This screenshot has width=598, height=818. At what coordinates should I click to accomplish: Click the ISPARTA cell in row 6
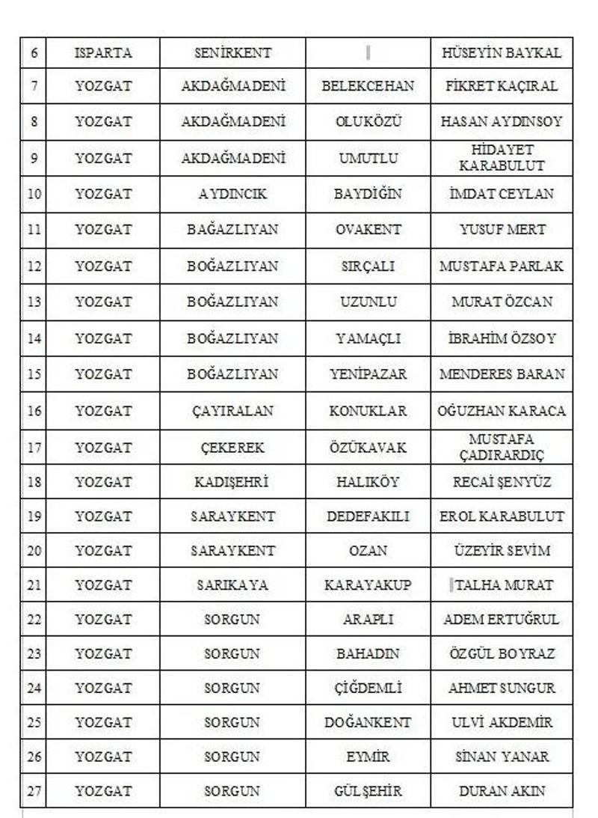tap(103, 53)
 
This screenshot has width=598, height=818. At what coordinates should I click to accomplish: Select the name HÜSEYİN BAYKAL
tap(502, 53)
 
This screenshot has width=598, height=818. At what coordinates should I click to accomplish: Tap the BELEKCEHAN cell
tap(368, 86)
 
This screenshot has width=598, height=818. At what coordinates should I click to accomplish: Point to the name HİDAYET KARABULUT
tap(502, 158)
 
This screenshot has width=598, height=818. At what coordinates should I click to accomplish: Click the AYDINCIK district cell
tap(232, 194)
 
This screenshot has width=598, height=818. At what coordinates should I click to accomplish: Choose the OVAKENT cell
tap(368, 230)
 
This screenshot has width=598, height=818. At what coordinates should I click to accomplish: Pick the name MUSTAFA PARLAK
tap(502, 266)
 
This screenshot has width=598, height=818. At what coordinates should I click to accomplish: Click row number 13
tap(34, 302)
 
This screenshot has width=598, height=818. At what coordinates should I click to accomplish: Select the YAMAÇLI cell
tap(368, 338)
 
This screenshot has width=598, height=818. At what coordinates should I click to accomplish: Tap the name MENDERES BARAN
tap(502, 374)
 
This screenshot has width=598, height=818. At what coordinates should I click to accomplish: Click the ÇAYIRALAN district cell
tap(232, 411)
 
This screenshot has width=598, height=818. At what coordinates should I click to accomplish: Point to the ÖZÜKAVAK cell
tap(368, 448)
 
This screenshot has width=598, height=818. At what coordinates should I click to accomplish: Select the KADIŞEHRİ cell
tap(232, 482)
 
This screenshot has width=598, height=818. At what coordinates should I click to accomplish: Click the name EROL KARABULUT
tap(502, 516)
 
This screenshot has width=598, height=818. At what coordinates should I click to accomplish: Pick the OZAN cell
tap(368, 551)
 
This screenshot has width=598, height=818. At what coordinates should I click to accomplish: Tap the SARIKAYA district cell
tap(232, 585)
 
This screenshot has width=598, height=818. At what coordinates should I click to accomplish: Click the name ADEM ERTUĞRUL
tap(502, 620)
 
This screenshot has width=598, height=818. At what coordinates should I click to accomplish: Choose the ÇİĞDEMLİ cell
tap(368, 688)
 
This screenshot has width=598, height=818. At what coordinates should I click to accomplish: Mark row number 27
tap(34, 791)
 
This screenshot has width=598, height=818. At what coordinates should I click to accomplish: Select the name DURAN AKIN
tap(502, 791)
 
